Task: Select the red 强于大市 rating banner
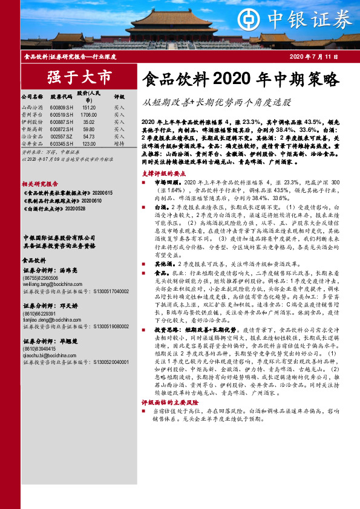click(79, 77)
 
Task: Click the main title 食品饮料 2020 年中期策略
click(240, 79)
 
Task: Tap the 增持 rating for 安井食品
click(119, 144)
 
